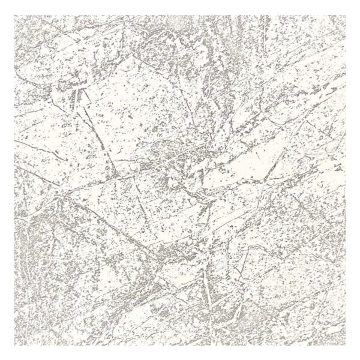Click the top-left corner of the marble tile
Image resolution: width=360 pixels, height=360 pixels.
click(15, 15)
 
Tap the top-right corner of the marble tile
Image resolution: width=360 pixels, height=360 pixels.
click(345, 15)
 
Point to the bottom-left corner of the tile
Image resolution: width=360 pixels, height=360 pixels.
click(15, 345)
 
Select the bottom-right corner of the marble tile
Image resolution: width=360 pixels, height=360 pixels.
click(345, 345)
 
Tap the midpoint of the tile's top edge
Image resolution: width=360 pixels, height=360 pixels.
click(180, 15)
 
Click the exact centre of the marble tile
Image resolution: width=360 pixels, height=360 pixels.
click(180, 180)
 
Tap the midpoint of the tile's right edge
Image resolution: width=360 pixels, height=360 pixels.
click(345, 180)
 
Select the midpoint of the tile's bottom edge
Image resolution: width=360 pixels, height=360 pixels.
click(180, 345)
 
